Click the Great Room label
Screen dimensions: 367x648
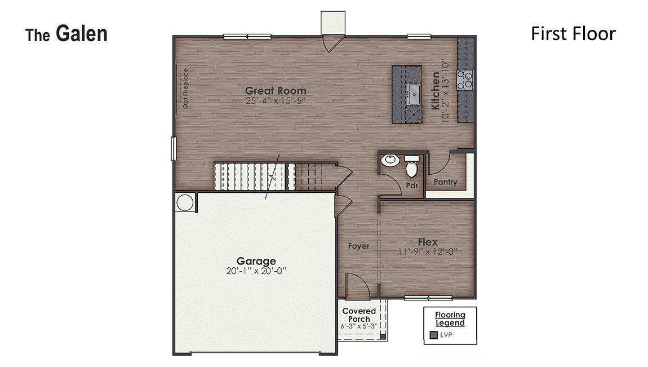(x=276, y=91)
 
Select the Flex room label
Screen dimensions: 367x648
(x=428, y=242)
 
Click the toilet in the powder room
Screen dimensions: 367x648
(x=411, y=166)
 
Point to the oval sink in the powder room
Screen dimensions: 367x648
(x=389, y=161)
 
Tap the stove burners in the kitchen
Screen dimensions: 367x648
(x=465, y=80)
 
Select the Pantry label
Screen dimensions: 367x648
(x=445, y=182)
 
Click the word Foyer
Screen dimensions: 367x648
(x=358, y=246)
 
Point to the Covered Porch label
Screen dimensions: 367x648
(x=359, y=315)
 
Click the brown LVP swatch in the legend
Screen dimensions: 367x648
(x=433, y=335)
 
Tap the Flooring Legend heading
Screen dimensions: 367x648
(x=450, y=319)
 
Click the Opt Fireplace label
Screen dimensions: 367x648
(x=186, y=88)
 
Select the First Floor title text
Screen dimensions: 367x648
(x=573, y=34)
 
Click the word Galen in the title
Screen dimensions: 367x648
(x=81, y=34)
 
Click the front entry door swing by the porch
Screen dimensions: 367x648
(x=357, y=285)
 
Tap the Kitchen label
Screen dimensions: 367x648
(x=436, y=90)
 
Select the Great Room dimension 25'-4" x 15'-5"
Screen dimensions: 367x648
(x=276, y=101)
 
